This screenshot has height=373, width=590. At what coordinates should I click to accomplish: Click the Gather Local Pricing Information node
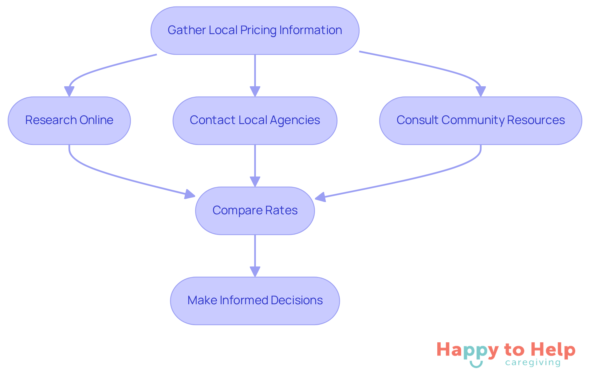(x=255, y=31)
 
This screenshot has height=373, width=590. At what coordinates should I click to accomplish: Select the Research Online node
(x=69, y=120)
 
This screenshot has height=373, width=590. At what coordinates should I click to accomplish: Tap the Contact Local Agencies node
(x=255, y=120)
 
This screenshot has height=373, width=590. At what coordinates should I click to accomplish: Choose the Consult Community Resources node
(x=480, y=120)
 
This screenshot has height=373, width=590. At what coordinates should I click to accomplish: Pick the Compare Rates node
(x=255, y=211)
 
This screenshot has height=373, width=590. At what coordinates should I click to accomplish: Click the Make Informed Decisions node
(x=255, y=301)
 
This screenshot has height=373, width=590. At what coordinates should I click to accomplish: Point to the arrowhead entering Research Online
(x=69, y=91)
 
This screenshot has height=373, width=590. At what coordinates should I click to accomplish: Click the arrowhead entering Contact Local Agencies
(x=255, y=91)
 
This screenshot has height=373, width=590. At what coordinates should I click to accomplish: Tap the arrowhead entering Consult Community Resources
(x=481, y=91)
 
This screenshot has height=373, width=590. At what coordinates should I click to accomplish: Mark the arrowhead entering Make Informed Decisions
(x=255, y=272)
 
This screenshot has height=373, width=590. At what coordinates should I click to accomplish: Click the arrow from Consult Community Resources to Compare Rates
(x=415, y=178)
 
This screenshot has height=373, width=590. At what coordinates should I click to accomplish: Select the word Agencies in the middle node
(x=295, y=120)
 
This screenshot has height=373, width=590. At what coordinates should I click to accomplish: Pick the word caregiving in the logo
(x=533, y=363)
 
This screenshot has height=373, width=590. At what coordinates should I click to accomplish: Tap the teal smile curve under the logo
(x=476, y=365)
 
